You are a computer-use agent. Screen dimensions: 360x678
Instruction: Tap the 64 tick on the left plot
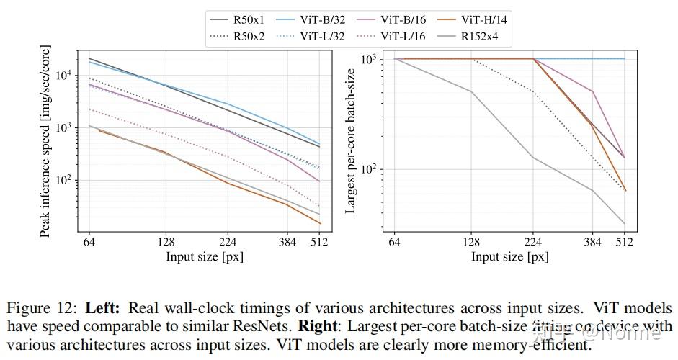tap(89, 243)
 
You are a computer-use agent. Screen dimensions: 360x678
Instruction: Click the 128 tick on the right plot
tap(471, 243)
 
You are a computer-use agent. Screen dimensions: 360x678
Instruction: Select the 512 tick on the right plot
tap(624, 243)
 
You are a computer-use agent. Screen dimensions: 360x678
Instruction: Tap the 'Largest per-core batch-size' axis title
tap(351, 141)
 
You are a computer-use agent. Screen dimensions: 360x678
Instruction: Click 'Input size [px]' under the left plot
tap(205, 256)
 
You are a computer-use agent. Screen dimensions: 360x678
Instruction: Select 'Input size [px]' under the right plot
tap(509, 256)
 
